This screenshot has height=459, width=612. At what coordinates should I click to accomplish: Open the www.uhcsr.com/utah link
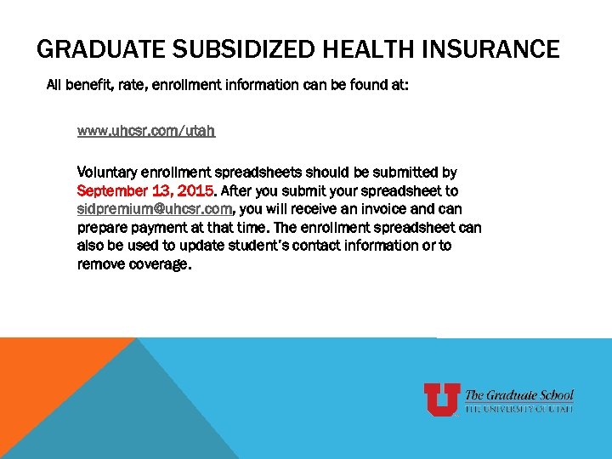[x=145, y=131]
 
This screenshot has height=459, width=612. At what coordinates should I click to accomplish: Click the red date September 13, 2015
[x=146, y=190]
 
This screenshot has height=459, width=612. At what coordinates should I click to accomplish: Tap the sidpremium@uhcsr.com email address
[x=155, y=209]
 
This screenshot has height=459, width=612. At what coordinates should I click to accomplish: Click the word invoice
[x=394, y=209]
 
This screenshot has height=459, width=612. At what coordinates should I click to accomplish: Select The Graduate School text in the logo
[x=519, y=395]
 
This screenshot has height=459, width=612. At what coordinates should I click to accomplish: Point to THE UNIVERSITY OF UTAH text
[x=519, y=409]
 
